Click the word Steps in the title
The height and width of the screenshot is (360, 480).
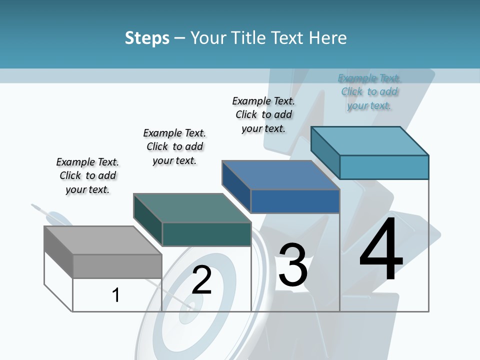click(147, 38)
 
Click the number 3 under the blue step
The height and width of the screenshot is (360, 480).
click(293, 265)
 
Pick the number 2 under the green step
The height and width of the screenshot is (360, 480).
click(201, 280)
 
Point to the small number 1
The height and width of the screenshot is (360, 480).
click(116, 295)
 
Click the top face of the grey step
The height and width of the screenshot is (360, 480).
click(102, 240)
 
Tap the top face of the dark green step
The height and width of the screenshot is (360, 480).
click(192, 207)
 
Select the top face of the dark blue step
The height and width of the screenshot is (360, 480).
click(281, 175)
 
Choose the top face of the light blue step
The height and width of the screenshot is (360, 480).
click(370, 140)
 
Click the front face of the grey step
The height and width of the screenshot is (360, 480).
click(117, 266)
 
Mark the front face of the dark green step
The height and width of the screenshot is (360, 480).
click(206, 234)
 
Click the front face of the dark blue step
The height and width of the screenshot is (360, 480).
click(295, 201)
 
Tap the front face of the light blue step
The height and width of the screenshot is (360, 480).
click(384, 167)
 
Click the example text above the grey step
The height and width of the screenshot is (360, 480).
click(87, 175)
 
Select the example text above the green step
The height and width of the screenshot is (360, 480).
click(174, 146)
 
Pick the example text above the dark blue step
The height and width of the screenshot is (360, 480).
click(263, 114)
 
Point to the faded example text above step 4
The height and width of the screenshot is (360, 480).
click(369, 91)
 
